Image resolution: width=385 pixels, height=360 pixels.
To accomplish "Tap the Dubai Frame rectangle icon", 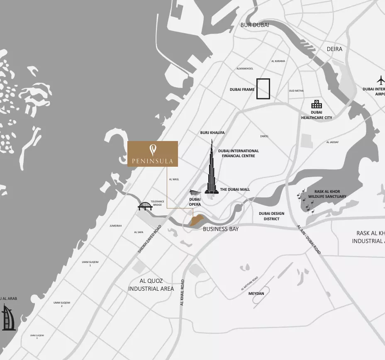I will point(263,89).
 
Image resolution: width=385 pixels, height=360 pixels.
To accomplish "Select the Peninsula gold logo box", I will point(153,154).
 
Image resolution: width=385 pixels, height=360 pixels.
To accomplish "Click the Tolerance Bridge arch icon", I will point(145,206).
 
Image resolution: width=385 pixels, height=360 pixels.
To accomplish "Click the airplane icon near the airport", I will point(381,79).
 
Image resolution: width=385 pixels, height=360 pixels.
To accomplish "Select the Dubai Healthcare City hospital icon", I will point(317,104).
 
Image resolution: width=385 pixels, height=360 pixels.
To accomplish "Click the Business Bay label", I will point(221,229).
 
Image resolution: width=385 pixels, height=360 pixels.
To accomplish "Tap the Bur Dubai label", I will point(255,25).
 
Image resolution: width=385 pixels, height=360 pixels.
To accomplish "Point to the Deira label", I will point(334,49).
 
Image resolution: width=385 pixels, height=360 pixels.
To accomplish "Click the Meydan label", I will point(256,294).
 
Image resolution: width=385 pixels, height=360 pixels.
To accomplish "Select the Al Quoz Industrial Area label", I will point(151,285).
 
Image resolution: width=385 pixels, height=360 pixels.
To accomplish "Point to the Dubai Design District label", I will point(272,216).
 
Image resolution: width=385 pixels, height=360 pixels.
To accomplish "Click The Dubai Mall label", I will point(235,190).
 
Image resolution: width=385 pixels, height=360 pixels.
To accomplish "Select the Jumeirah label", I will point(116,226).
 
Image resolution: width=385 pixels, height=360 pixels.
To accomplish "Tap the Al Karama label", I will point(278,61).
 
